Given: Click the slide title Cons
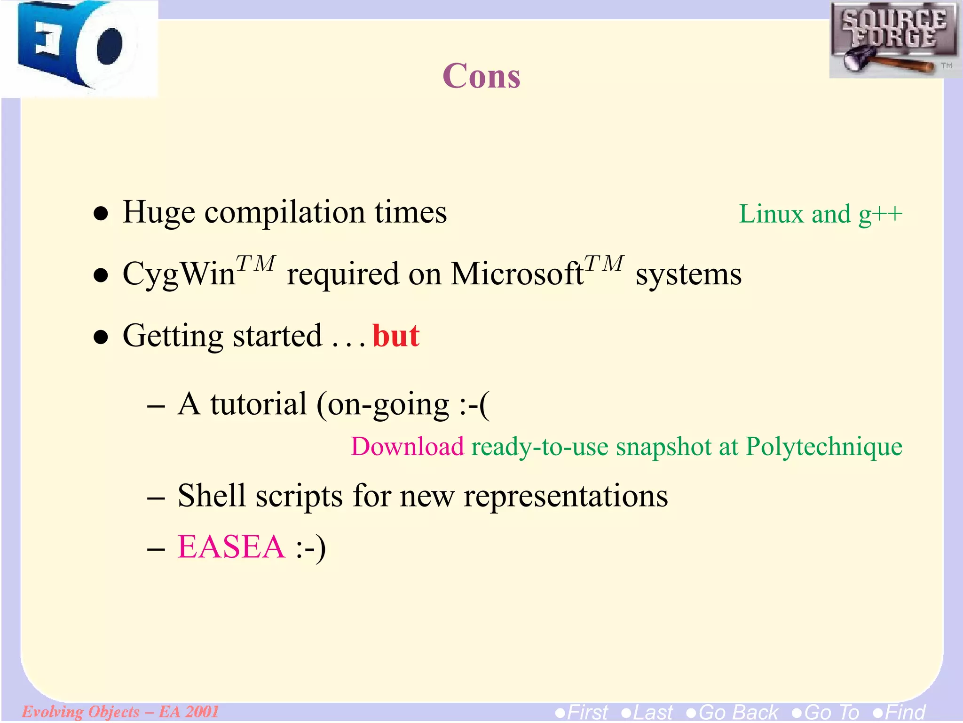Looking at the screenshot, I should (481, 76).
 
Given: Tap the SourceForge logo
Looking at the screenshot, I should (894, 40).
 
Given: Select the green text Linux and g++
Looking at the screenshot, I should (820, 214).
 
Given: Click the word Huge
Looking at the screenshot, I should (158, 212).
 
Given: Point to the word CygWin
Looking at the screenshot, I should (179, 274).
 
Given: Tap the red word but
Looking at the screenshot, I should (395, 336).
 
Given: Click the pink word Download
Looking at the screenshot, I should (407, 446).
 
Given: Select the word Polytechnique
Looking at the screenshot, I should (824, 446).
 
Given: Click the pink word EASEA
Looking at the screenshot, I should (231, 547).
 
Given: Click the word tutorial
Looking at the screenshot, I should (258, 404).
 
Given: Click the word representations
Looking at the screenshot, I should (566, 497).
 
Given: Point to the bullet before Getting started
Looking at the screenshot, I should (101, 337).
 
